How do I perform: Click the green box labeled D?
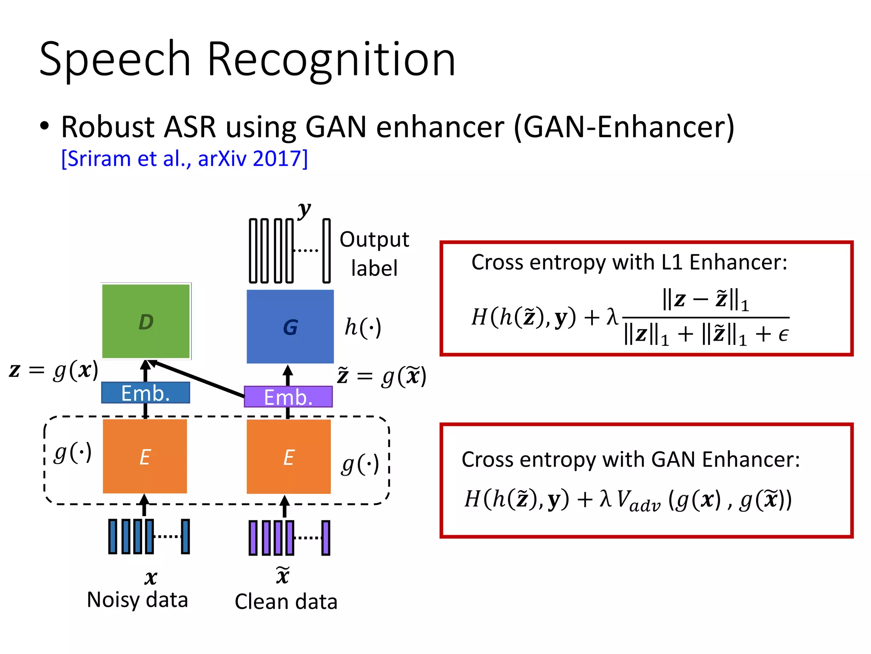146,321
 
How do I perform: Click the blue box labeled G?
290,327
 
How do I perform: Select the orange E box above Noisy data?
145,456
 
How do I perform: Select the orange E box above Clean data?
289,457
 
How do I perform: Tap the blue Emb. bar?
145,393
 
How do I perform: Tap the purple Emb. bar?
288,397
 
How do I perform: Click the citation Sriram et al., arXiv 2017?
184,159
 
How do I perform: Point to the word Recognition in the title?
331,60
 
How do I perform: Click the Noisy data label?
137,599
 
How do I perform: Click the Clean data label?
286,602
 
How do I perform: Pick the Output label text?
374,254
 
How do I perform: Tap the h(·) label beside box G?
362,327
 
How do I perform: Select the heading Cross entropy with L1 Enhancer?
629,262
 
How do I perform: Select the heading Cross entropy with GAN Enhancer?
631,459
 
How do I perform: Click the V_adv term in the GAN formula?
638,501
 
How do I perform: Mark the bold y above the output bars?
304,209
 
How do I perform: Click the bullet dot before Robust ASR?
44,126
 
